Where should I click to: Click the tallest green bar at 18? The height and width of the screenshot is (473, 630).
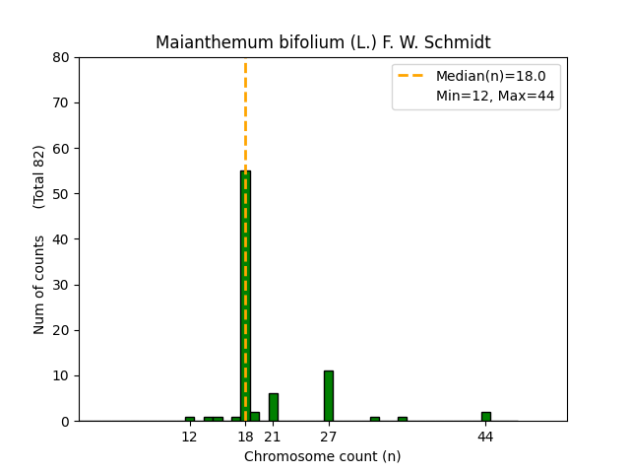[245, 296]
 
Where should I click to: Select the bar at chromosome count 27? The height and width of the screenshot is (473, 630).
[329, 396]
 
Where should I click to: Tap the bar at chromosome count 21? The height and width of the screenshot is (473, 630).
[273, 407]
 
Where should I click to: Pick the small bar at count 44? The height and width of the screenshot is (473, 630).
[485, 416]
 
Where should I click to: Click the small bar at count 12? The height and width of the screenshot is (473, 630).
[190, 419]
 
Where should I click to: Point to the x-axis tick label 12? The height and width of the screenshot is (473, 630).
[190, 437]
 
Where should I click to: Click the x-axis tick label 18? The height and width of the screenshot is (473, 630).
[245, 437]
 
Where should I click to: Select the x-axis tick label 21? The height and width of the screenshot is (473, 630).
[273, 437]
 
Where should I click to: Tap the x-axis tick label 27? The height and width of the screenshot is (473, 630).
[329, 437]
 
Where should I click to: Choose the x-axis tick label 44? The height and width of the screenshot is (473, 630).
[485, 437]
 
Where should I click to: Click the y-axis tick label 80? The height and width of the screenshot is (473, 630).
[61, 57]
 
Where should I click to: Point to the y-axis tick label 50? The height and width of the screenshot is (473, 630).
[61, 194]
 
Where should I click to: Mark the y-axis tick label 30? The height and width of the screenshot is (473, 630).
[61, 285]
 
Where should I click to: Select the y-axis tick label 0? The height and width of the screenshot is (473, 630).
[65, 421]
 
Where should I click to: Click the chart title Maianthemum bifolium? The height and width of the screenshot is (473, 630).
[323, 42]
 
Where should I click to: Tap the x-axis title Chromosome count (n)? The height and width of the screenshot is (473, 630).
[323, 456]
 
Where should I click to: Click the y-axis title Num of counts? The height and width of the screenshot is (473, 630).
[39, 285]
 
